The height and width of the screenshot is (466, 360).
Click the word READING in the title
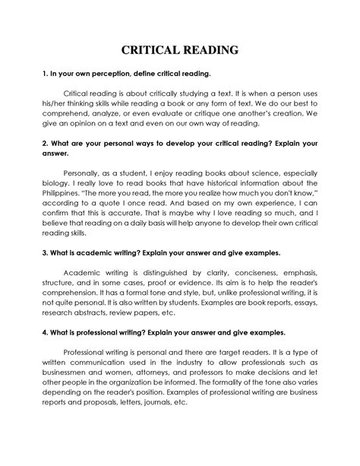(210, 51)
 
